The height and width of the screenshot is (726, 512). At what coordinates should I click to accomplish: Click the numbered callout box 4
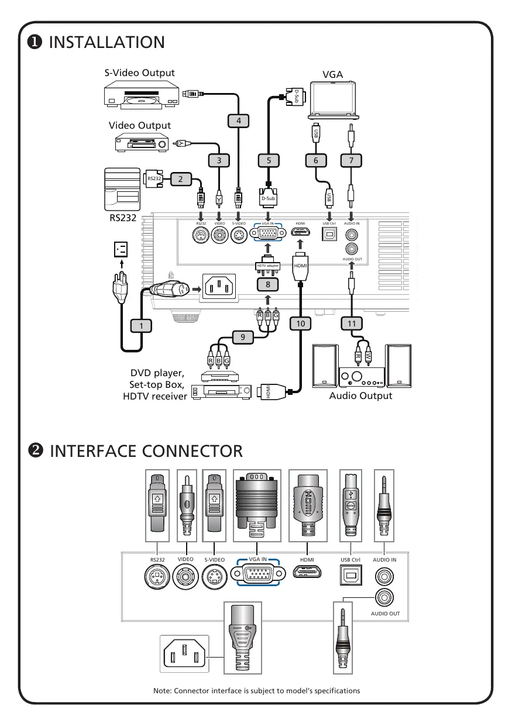tap(238, 120)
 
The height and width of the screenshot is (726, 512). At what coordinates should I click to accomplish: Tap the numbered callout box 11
tap(351, 323)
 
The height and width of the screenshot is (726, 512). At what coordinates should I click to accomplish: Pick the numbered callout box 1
tap(140, 325)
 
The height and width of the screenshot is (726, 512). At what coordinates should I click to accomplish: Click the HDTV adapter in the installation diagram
tap(267, 265)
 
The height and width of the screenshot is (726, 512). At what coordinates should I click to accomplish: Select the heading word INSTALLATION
tap(107, 42)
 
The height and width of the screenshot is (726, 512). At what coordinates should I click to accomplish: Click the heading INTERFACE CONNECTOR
tap(146, 451)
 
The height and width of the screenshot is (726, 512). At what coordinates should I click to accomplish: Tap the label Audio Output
tap(360, 395)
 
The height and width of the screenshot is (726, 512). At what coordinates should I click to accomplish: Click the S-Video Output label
tap(139, 73)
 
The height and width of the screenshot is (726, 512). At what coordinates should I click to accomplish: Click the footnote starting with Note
tap(256, 690)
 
